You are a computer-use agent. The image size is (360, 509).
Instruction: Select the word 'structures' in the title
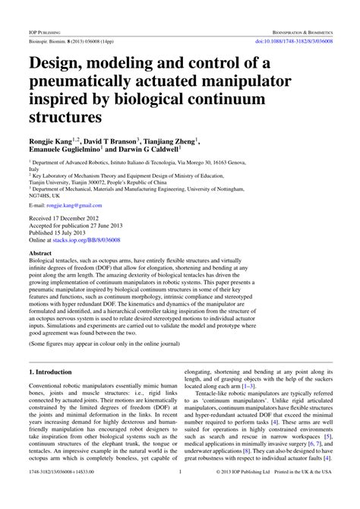click(65, 117)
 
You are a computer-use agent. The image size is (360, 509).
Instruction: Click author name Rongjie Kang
click(52, 141)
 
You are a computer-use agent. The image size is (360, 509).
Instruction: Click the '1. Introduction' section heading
click(49, 372)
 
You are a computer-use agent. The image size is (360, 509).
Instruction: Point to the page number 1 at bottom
click(180, 492)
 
